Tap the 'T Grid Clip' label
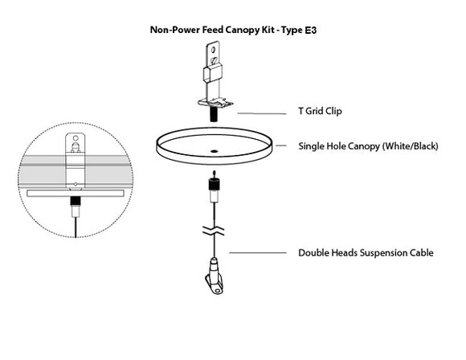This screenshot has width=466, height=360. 321,111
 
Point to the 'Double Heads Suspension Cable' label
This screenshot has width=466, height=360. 366,252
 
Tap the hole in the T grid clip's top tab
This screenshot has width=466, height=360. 213,55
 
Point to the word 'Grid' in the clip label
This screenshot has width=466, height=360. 319,111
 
